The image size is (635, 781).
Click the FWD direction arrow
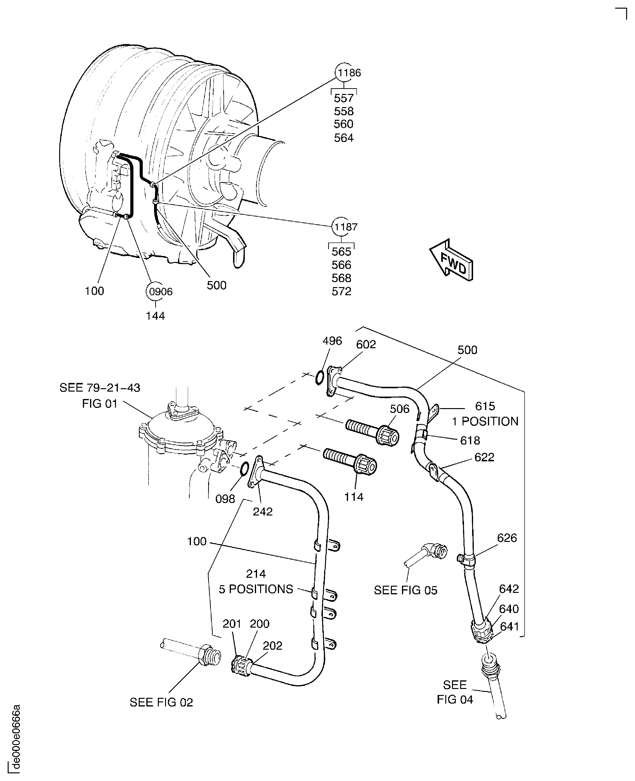(451, 260)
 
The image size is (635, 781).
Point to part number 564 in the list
(343, 138)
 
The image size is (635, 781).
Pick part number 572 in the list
(341, 291)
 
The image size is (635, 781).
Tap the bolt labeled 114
(350, 462)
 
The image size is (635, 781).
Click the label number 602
(366, 344)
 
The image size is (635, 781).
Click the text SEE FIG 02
(161, 702)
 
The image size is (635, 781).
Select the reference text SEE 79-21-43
(99, 388)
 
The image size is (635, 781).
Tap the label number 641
(509, 627)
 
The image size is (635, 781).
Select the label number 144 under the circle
(155, 316)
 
